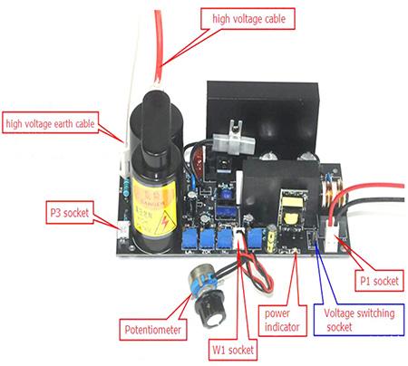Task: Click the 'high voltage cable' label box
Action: (248, 19)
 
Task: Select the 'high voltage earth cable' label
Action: (50, 122)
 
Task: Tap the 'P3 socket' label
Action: (70, 212)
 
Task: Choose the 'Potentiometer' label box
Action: (153, 329)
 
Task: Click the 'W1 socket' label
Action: (233, 350)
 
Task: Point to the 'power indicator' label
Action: (282, 321)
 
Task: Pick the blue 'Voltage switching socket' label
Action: (359, 320)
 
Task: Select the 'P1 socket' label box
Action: (379, 281)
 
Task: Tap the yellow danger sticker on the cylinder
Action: (154, 207)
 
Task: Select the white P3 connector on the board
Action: (123, 230)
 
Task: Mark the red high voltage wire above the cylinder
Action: (159, 47)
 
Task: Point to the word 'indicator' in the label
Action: (282, 327)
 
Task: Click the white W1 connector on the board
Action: (238, 237)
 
